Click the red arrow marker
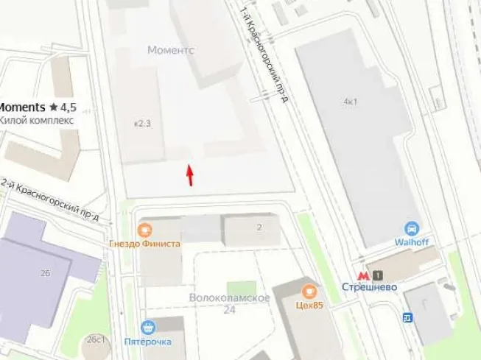pos(190,175)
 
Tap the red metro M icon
pos(362,275)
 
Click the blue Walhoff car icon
pos(412,229)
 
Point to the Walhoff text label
pos(412,242)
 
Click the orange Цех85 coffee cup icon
pos(309,291)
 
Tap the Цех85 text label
pos(309,305)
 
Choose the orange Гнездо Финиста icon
pos(144,230)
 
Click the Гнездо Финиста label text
pos(144,244)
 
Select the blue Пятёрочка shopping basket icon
pos(150,328)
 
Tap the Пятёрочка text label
pos(149,342)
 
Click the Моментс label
pos(170,49)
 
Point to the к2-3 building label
pos(141,123)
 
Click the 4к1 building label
pos(350,101)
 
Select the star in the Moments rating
pos(54,107)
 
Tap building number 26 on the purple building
pos(45,273)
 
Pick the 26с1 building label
pos(95,339)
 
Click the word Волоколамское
pos(229,297)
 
